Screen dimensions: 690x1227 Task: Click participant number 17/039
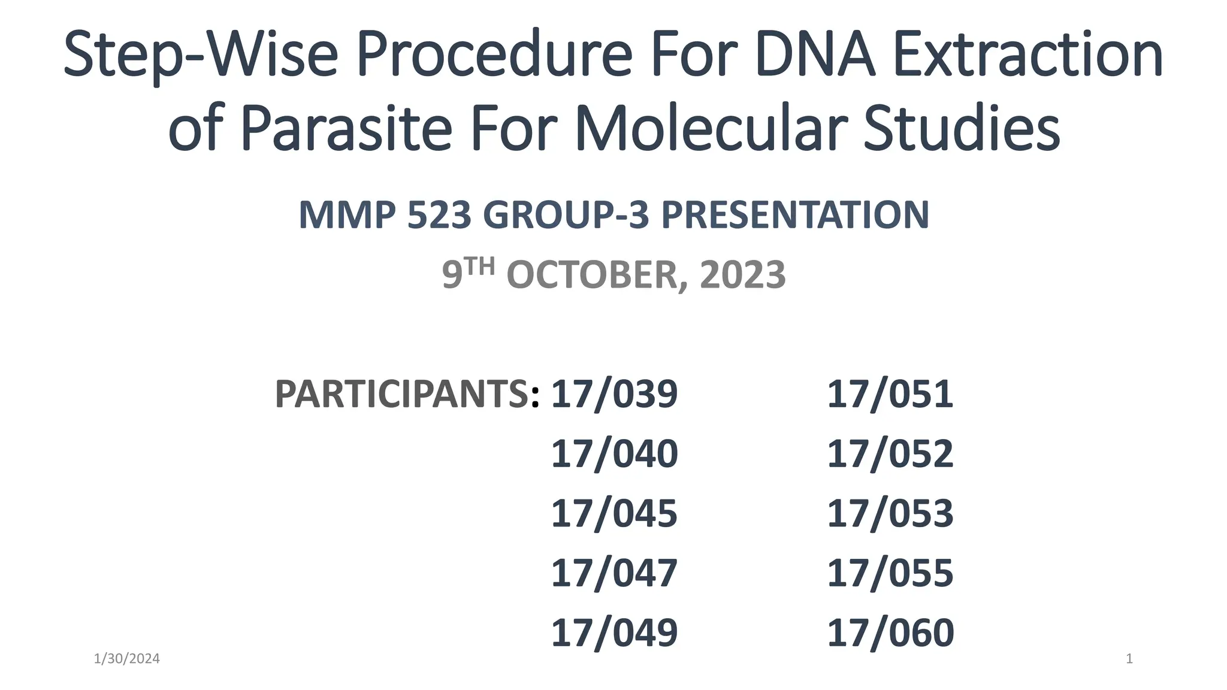pos(614,394)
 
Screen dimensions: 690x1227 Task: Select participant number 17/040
pos(614,453)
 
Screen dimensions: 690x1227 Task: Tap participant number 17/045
pos(614,513)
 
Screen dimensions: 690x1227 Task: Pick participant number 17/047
pos(614,573)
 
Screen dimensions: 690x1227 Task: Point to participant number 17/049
pos(614,632)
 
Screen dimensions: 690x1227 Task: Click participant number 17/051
pos(890,394)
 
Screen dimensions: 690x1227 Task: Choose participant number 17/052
pos(890,453)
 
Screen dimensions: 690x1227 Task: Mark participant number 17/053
pos(890,513)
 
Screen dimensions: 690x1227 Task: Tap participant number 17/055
pos(890,573)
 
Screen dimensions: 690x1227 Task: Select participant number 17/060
pos(890,632)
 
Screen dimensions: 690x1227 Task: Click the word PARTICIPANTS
pos(402,394)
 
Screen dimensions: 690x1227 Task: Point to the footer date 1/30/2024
pos(127,659)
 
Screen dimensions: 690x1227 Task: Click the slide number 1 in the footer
pos(1129,659)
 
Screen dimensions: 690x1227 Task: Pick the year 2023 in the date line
pos(742,275)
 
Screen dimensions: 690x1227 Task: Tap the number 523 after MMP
pos(439,215)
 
